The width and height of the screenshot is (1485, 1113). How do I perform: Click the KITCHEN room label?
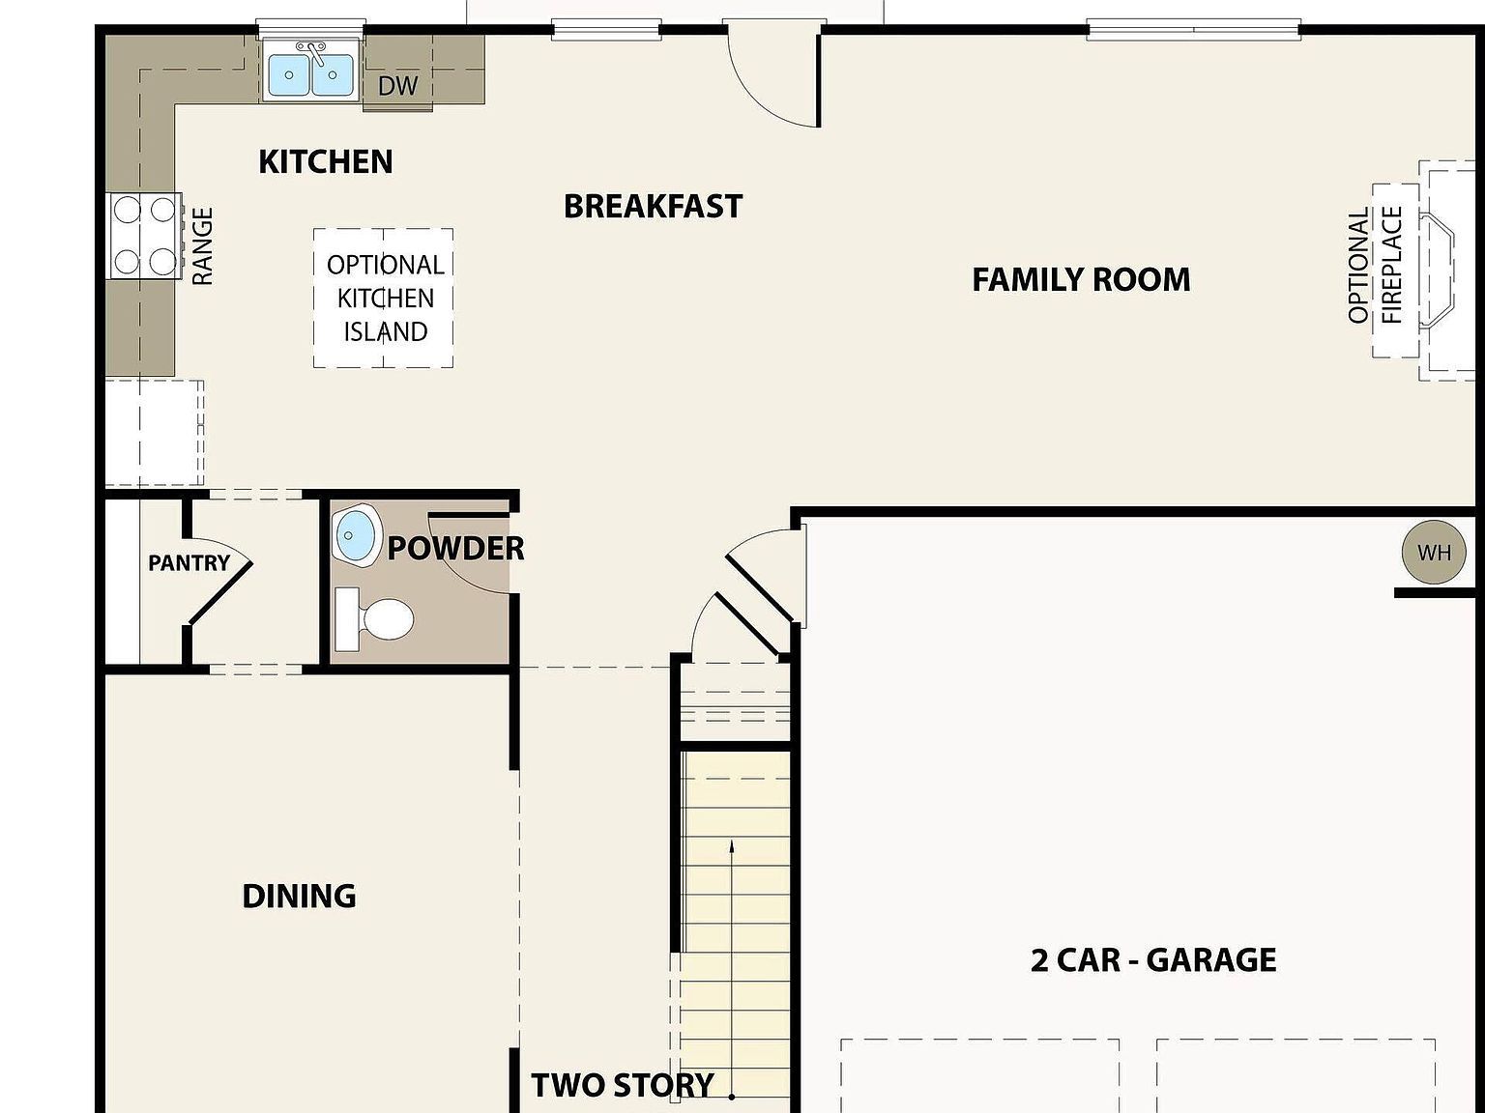(326, 161)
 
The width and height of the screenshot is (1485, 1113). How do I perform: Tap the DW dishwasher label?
(397, 86)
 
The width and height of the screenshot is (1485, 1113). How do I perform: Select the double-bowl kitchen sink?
(310, 74)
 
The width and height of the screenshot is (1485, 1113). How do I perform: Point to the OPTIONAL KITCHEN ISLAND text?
(385, 298)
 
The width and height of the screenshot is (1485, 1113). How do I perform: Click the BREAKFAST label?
(653, 206)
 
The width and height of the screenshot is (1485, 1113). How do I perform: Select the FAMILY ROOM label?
(1081, 280)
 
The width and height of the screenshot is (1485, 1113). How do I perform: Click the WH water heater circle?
(1434, 553)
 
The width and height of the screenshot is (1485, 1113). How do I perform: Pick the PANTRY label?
(189, 562)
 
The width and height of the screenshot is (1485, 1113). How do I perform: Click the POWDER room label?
(455, 549)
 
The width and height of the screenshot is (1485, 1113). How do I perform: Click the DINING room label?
(299, 896)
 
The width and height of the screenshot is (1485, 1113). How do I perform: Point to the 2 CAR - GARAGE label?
(1153, 960)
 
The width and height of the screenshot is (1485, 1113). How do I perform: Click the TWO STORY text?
(623, 1085)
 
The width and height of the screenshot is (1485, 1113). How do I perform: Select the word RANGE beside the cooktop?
(202, 246)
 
